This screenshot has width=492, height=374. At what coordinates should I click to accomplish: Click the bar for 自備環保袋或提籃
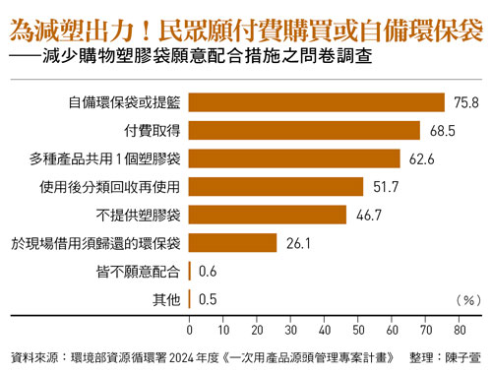(x=316, y=101)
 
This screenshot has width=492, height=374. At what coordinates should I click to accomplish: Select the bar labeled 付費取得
(x=304, y=130)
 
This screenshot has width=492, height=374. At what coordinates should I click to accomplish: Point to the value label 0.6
(x=208, y=272)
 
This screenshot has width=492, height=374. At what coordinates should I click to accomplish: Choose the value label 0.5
(x=208, y=299)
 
